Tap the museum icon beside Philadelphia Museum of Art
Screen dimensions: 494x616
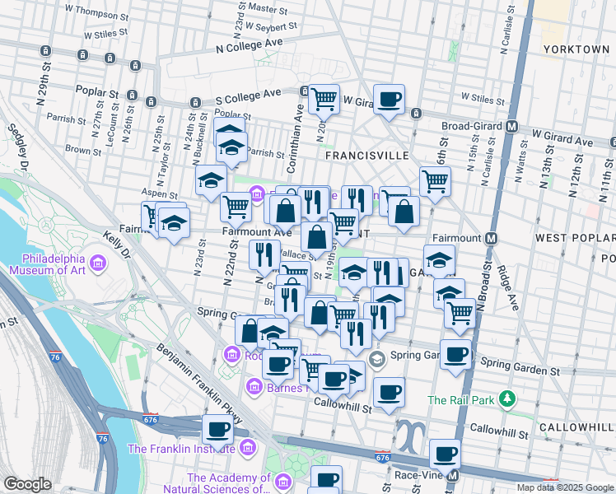[99, 263]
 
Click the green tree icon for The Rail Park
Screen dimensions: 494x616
[508, 399]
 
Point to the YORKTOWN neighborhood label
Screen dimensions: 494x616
[576, 49]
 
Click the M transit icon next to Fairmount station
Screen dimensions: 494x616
[491, 238]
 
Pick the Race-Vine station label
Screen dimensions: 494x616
[418, 476]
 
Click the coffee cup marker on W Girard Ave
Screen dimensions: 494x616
[390, 100]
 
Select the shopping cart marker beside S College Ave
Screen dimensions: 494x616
[324, 100]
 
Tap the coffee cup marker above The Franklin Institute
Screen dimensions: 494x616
[218, 429]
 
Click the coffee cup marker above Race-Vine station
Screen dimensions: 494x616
[446, 454]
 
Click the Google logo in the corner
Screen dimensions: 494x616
[27, 484]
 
